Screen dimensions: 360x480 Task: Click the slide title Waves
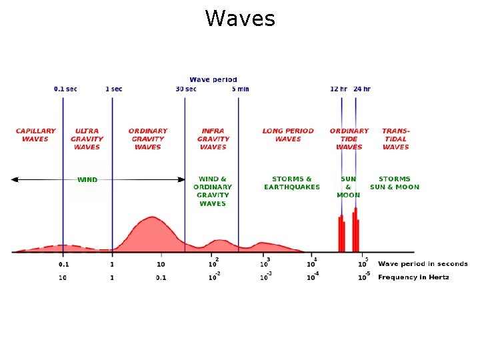coord(240,19)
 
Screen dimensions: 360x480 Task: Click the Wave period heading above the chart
coord(213,80)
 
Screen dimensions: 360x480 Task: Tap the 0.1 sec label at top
coord(65,89)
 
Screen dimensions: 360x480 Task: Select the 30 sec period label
coord(186,89)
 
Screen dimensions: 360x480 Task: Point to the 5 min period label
coord(240,89)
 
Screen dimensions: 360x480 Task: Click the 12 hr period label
coord(339,89)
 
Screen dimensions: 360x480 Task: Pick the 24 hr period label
coord(362,89)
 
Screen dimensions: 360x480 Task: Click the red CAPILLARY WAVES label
coord(36,135)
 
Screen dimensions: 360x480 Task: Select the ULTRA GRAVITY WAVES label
coord(87,139)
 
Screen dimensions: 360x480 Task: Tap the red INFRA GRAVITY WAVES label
coord(213,139)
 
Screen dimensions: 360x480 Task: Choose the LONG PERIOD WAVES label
coord(288,135)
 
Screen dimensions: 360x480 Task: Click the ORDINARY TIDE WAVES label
coord(349,139)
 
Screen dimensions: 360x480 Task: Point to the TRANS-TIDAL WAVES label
coord(396,139)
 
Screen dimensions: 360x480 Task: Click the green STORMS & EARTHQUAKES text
coord(292,183)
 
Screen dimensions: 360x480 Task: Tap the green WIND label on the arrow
coord(87,179)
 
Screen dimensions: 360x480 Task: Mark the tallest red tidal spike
coord(356,227)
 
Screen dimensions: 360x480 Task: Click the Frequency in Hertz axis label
coord(413,277)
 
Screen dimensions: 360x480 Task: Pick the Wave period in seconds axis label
coord(423,264)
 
